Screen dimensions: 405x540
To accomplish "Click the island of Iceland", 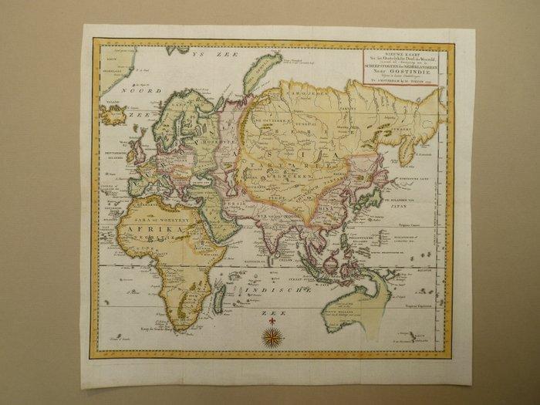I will point(113,116).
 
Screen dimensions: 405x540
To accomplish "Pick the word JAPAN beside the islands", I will point(415,206).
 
